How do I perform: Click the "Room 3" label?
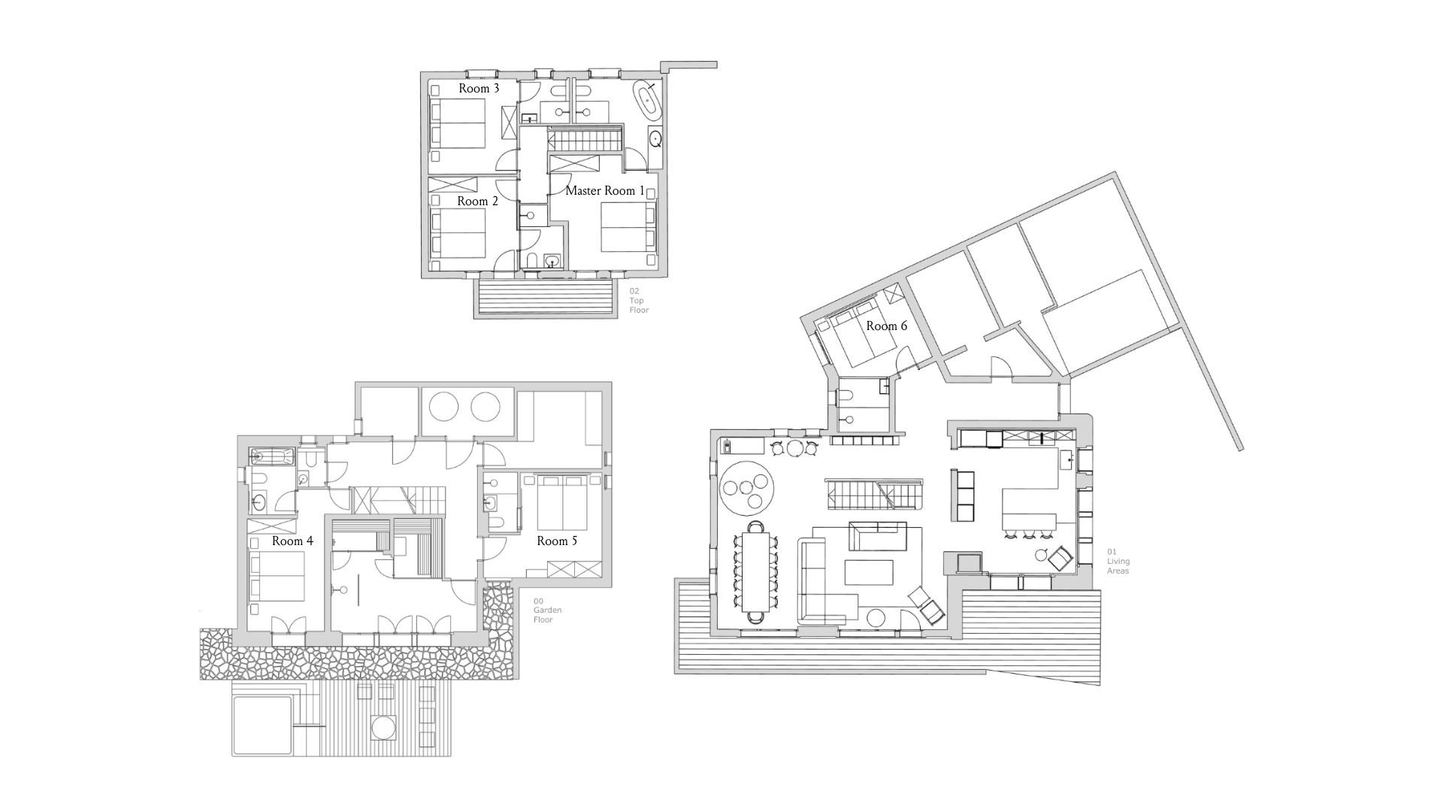coord(479,89)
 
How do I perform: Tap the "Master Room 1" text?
coord(605,191)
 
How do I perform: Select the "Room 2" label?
coord(477,201)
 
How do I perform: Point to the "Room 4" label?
coord(292,541)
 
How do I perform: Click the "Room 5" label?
coord(557,541)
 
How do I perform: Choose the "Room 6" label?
coord(886,326)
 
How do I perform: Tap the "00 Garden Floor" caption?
coord(543,611)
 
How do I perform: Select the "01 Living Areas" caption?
coord(1118,562)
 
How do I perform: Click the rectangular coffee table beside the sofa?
coord(870,572)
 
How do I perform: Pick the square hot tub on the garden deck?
coord(261,725)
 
